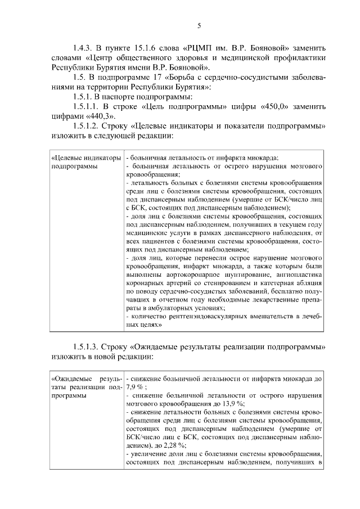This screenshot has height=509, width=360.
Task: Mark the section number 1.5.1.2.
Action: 87,127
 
